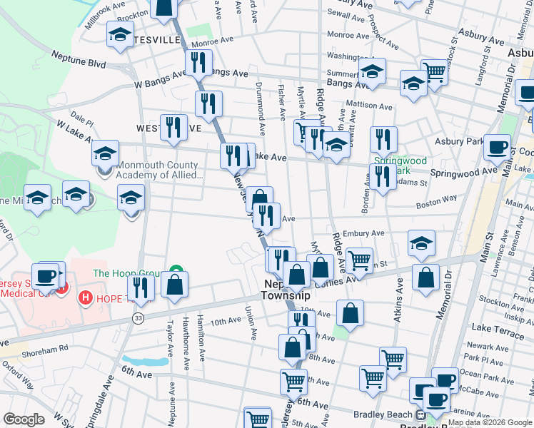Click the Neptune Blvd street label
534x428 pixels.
pos(79,59)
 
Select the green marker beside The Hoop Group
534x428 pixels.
pos(174,272)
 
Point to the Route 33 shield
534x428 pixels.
pos(136,318)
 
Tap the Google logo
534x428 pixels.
pos(24,419)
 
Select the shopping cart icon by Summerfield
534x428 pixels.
pos(434,72)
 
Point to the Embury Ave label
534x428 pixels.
pos(364,233)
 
